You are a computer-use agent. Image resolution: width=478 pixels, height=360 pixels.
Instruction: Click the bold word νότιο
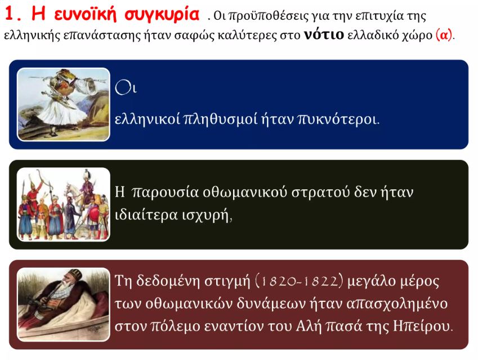pos(324,34)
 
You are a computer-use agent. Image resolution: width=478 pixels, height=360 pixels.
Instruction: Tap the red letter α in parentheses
pos(444,35)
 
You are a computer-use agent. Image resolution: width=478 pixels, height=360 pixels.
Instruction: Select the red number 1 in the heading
pos(10,14)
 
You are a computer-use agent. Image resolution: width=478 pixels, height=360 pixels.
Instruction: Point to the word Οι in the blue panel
pos(126,87)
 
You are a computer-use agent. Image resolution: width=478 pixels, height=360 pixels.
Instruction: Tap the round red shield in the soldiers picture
pos(93,214)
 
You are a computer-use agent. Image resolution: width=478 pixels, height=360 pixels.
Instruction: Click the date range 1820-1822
pos(297,281)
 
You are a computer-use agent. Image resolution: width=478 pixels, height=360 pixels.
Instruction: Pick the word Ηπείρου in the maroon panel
pos(421,326)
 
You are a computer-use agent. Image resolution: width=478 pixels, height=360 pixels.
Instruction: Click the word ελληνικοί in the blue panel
pos(148,119)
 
